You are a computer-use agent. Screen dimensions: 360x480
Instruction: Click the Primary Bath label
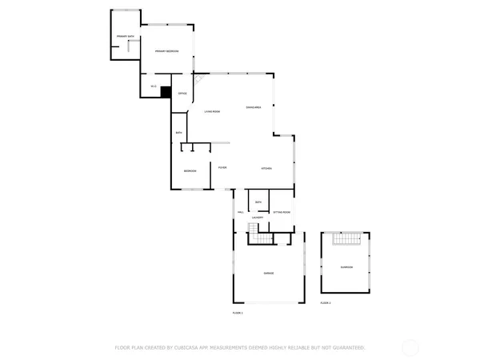(x=124, y=37)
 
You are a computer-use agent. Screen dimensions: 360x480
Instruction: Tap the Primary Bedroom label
(x=166, y=51)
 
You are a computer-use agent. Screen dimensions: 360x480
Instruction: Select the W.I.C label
(x=153, y=86)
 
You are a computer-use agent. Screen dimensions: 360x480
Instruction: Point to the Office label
(x=182, y=94)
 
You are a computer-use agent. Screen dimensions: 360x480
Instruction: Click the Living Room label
(x=212, y=111)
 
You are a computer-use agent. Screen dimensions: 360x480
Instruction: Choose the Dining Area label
(x=254, y=107)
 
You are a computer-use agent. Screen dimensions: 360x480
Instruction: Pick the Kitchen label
(x=266, y=168)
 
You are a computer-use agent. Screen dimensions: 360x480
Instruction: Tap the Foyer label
(x=222, y=167)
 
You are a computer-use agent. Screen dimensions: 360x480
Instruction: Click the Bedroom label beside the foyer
(x=190, y=171)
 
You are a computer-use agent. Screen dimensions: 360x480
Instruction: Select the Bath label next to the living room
(x=179, y=132)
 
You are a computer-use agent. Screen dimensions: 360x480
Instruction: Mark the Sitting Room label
(x=282, y=212)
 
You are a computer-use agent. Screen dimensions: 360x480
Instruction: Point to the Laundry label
(x=258, y=218)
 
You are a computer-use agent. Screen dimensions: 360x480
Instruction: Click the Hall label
(x=240, y=212)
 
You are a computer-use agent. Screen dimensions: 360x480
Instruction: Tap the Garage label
(x=269, y=274)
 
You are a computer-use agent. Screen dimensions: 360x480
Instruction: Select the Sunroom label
(x=346, y=267)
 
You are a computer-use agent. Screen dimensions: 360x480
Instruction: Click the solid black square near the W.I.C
(x=166, y=92)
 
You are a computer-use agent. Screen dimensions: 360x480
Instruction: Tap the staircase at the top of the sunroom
(x=346, y=238)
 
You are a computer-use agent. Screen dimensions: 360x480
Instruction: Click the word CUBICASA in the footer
(x=202, y=348)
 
